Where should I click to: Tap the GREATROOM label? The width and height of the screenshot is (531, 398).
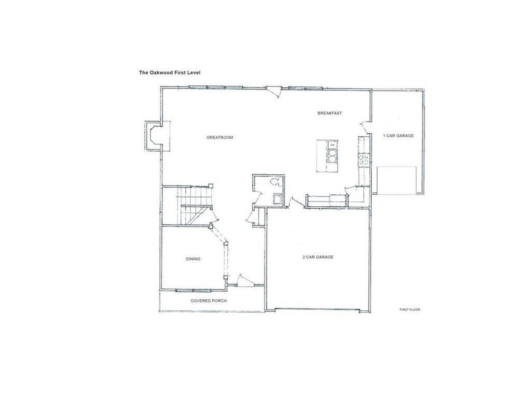[220, 137]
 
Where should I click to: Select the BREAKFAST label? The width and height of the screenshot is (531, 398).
[331, 114]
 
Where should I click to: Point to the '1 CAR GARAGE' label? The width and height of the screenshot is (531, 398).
[398, 136]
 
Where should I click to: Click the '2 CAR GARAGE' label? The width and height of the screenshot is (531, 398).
[318, 257]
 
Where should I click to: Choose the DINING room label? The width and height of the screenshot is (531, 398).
[193, 259]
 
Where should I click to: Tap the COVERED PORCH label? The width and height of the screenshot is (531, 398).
[208, 301]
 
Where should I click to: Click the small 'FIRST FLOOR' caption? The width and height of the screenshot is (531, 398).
[410, 310]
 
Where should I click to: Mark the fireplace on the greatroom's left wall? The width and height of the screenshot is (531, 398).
[152, 136]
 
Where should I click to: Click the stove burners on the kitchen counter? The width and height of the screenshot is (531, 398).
[364, 160]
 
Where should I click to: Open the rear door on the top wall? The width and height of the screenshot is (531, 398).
[274, 91]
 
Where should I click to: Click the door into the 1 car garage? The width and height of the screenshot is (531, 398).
[366, 126]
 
